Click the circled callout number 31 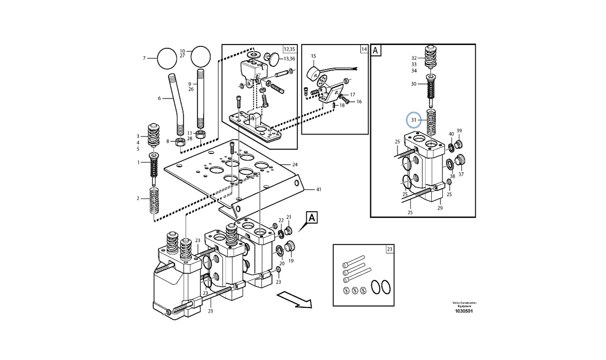[x=413, y=120]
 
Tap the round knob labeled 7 [x=166, y=58]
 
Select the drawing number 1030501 [x=463, y=311]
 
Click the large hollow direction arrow [x=294, y=300]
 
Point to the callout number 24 [x=294, y=165]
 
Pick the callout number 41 [x=318, y=189]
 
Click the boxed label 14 [x=364, y=49]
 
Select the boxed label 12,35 [x=289, y=49]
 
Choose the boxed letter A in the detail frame [x=376, y=50]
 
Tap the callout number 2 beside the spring [x=138, y=198]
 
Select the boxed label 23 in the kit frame [x=389, y=249]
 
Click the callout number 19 [x=291, y=261]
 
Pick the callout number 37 [x=461, y=174]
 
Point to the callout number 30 [x=413, y=84]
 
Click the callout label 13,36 [x=289, y=59]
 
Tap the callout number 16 [x=359, y=101]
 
